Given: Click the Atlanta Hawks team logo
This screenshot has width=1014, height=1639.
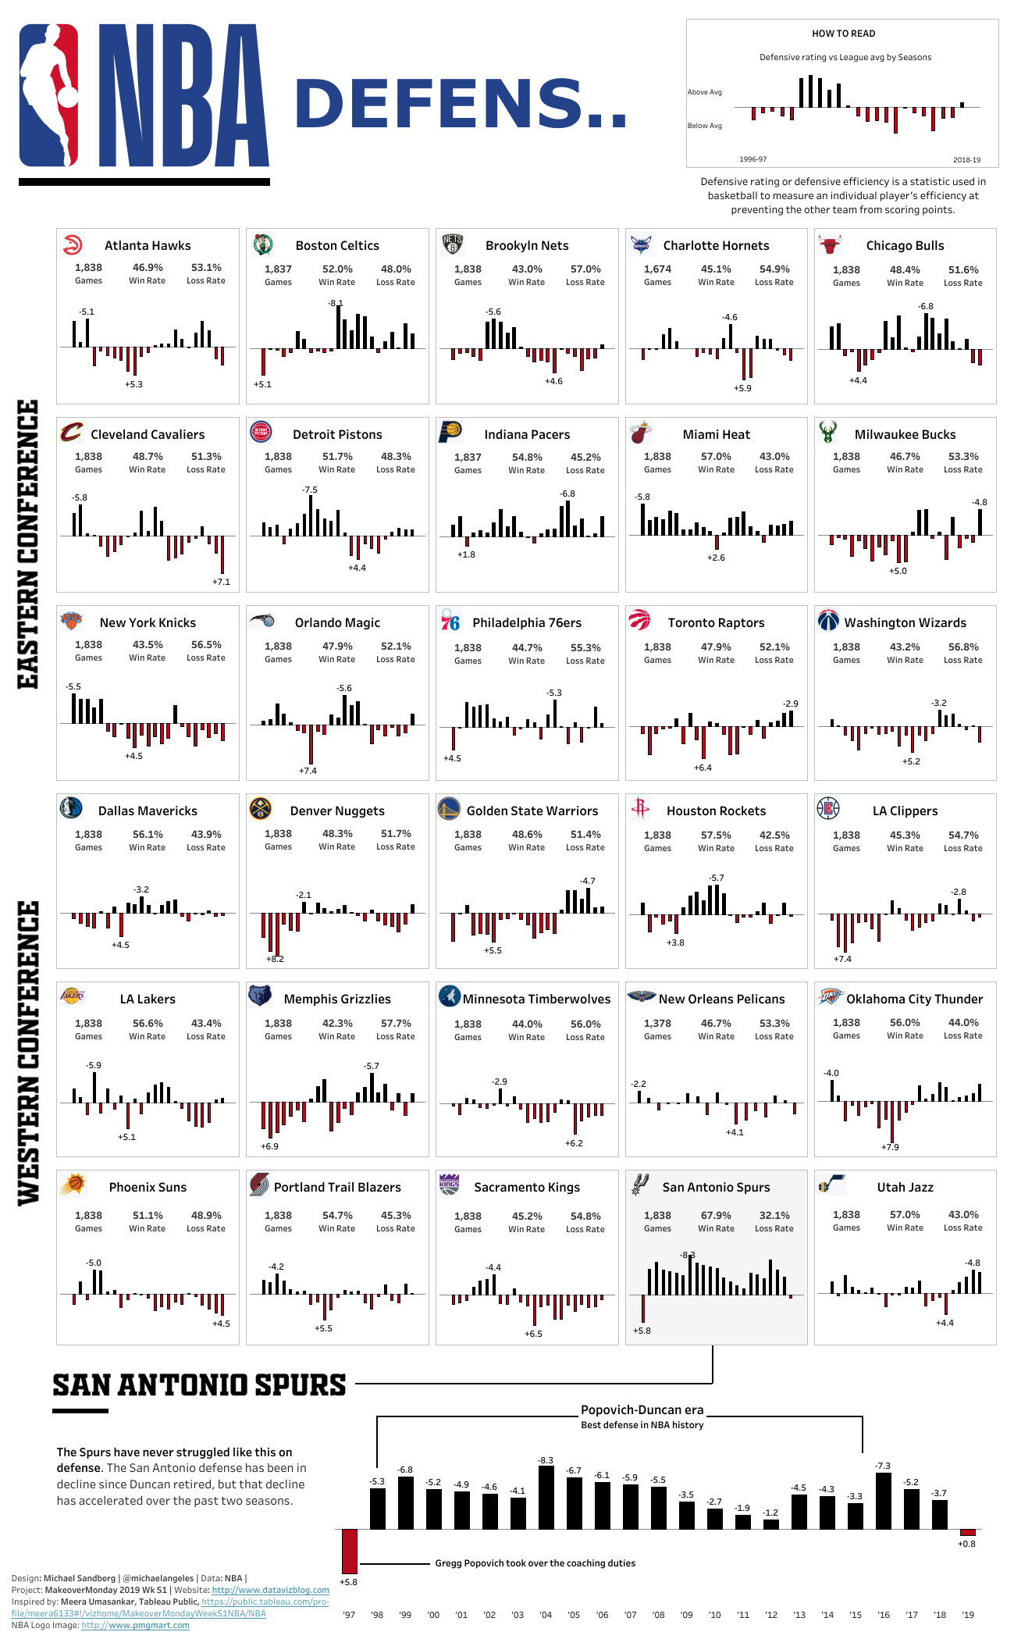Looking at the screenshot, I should point(72,244).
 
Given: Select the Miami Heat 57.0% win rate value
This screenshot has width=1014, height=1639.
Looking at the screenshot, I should point(716,457).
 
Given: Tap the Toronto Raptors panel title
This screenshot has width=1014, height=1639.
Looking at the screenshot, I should point(716,622).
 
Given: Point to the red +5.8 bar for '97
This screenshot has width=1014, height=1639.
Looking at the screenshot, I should point(349,1551).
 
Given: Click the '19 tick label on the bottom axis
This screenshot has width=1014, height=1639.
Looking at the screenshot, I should point(968,1615).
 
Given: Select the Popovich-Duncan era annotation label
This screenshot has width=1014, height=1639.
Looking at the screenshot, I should point(642,1410).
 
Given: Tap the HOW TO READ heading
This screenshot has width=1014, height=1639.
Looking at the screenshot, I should point(843,34).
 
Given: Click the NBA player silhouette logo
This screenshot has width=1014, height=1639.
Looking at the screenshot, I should point(49,94).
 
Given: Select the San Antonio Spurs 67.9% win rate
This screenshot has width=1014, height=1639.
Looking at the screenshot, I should point(716,1215).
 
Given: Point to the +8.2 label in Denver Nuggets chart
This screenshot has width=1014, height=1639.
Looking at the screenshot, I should point(275,959).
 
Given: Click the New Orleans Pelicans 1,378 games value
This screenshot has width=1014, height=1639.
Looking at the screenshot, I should point(657,1023).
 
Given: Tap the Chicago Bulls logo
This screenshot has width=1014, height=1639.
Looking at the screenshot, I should point(830,244).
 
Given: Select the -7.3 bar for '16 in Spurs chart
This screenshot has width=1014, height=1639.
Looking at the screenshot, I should point(884,1500).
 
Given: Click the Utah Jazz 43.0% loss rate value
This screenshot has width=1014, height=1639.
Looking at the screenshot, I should point(962,1214).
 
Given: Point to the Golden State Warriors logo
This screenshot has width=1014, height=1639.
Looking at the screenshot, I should point(449,809).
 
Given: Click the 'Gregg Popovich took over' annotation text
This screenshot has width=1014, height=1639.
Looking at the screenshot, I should point(535,1563).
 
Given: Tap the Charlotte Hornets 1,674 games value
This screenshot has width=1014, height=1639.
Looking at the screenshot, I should point(657,269).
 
